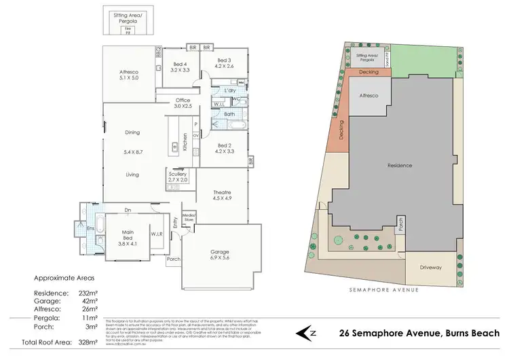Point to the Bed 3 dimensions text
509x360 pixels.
224,67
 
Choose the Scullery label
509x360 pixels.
178,175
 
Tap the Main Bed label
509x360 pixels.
128,232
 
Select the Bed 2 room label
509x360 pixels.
225,145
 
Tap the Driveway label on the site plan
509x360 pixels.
430,268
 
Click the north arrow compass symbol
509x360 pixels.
308,333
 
